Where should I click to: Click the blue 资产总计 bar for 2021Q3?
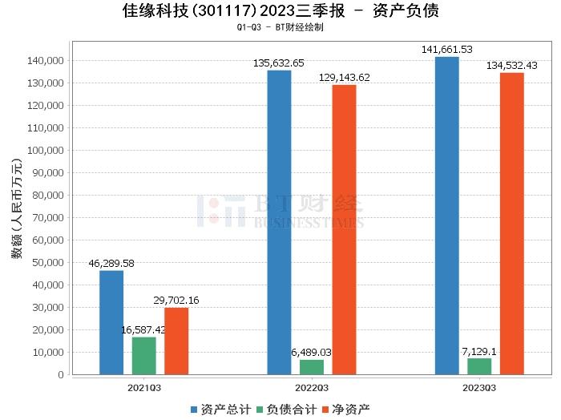coord(111,322)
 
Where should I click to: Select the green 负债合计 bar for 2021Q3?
coord(143,356)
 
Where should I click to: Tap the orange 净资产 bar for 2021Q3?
coord(176,341)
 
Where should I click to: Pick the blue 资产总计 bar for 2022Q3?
coord(279,222)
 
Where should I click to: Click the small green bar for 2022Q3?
coord(312,367)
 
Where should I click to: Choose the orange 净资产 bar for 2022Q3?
coord(344,229)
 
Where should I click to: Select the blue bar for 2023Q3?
coord(447,216)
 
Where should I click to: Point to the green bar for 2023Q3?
coord(479,366)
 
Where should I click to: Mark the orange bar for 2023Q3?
coord(512,224)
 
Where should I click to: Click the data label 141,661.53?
coord(447,50)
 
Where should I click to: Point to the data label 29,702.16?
coord(176,300)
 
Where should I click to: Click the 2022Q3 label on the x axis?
coord(312,387)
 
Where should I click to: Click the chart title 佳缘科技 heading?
coord(280,11)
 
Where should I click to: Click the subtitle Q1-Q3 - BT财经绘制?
coord(280,27)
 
